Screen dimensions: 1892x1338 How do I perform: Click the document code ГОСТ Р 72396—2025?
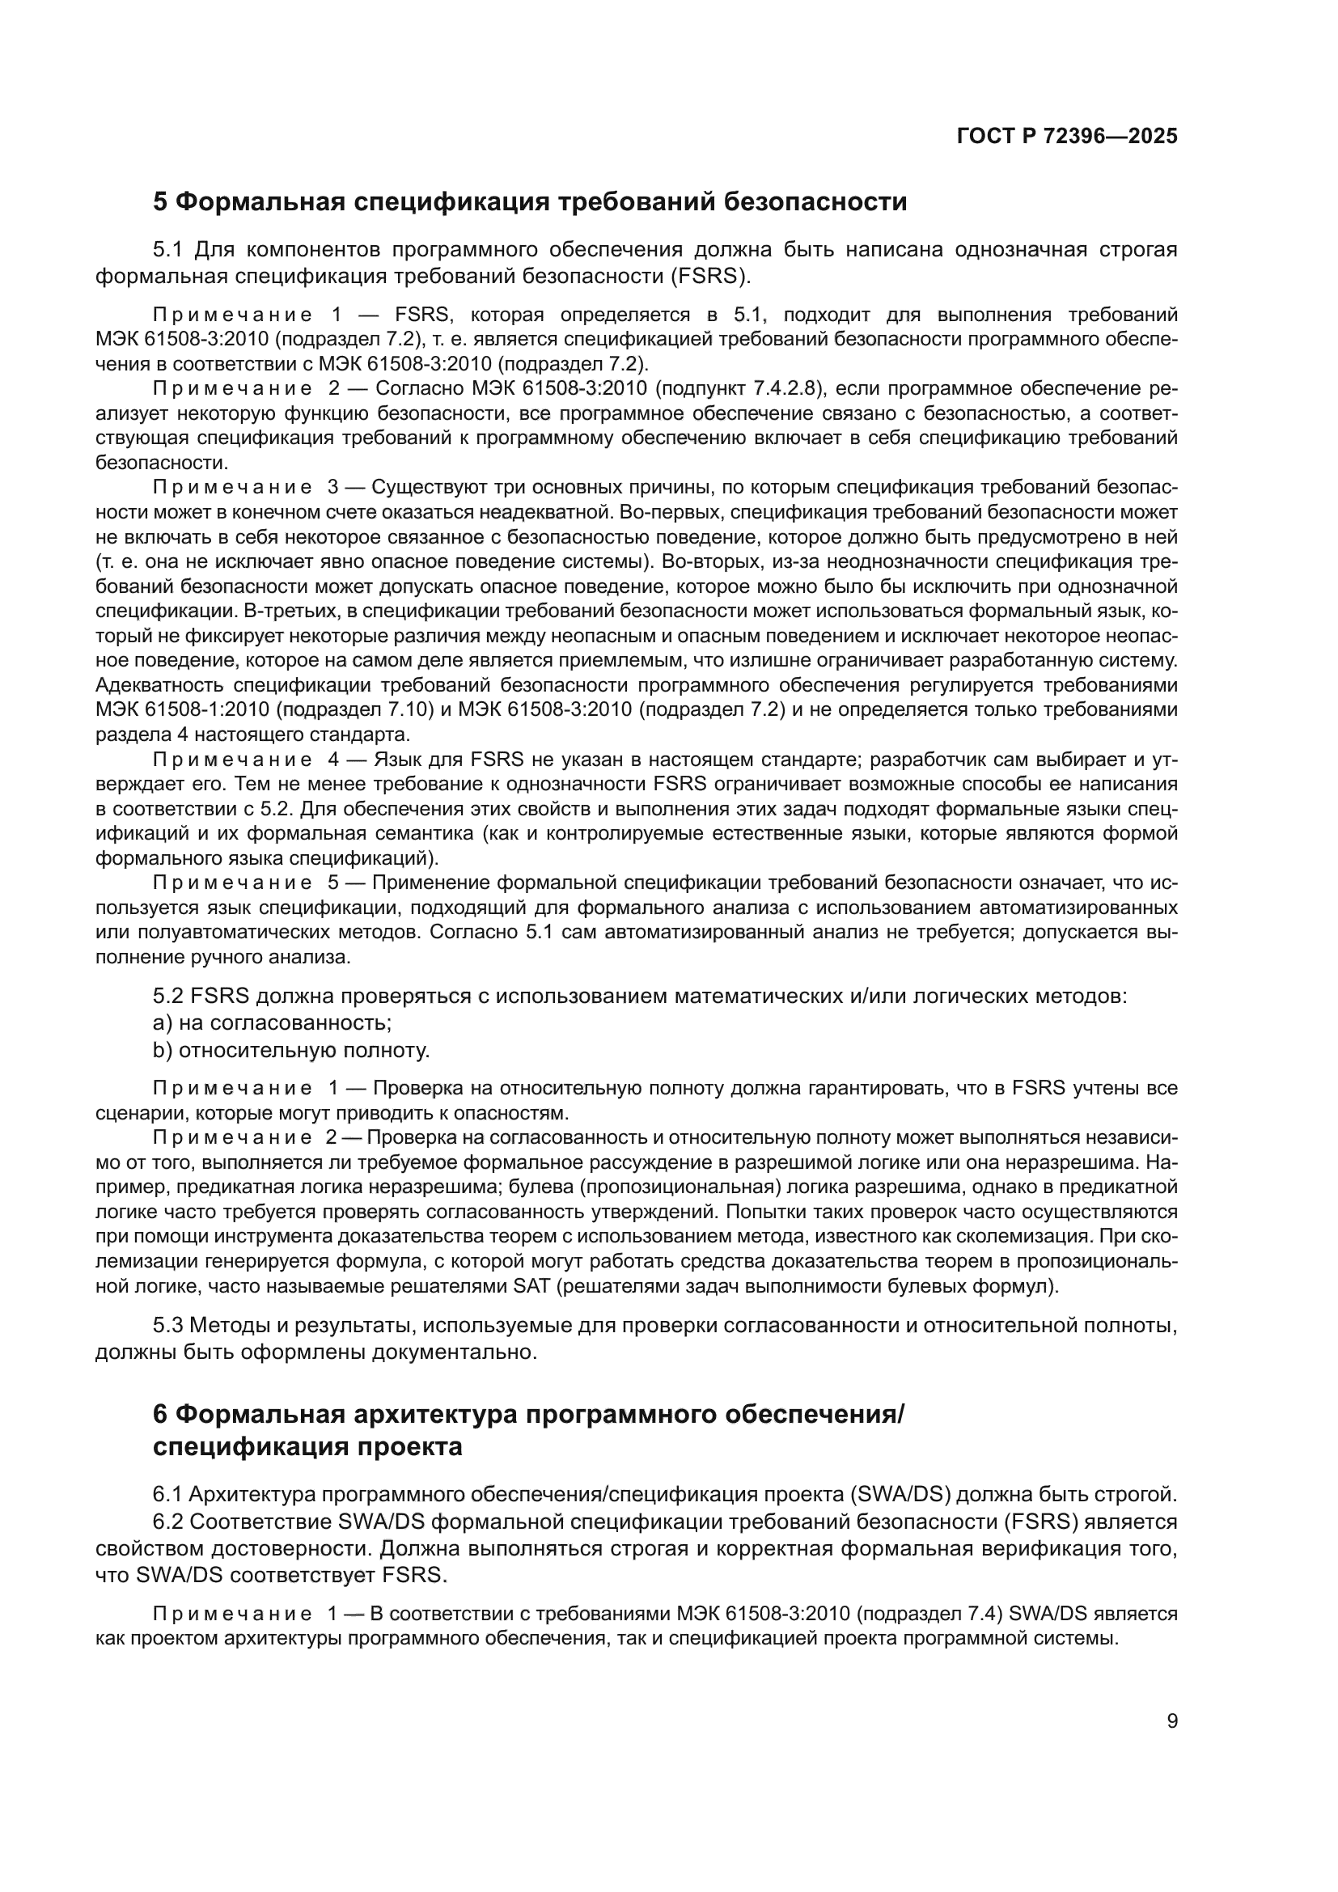[1067, 136]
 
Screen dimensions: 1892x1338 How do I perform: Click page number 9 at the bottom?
[1171, 1721]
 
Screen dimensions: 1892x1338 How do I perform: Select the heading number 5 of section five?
[161, 202]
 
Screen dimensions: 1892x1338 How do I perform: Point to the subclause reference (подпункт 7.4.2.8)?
[737, 388]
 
